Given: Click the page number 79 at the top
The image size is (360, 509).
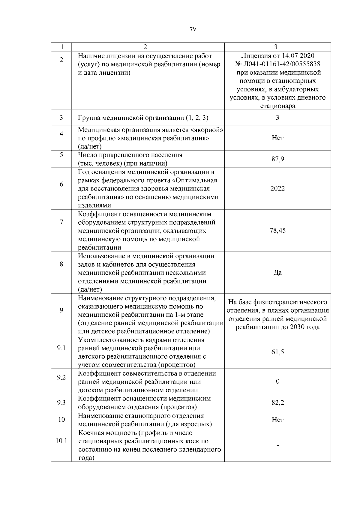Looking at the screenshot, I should tap(193, 29).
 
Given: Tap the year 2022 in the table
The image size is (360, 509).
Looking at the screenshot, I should tap(277, 189).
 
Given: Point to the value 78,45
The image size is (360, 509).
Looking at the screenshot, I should tap(277, 231).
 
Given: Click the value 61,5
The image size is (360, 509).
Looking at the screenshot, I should tap(277, 352).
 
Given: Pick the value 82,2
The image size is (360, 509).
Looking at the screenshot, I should tap(277, 403).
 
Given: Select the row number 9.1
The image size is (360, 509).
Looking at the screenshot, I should tap(61, 348).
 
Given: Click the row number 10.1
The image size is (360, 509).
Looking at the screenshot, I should tap(61, 441).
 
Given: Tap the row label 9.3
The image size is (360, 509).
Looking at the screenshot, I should tap(61, 403).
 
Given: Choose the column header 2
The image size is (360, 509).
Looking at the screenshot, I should tap(145, 47).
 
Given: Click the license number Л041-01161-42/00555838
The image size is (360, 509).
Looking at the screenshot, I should tap(281, 64).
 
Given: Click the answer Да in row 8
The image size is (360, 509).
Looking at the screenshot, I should tap(277, 273).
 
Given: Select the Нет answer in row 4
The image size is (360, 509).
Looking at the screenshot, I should tap(277, 138).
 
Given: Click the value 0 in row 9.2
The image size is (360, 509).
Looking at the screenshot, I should tap(277, 382).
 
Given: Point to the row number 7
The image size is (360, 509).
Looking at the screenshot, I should tap(61, 222).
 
